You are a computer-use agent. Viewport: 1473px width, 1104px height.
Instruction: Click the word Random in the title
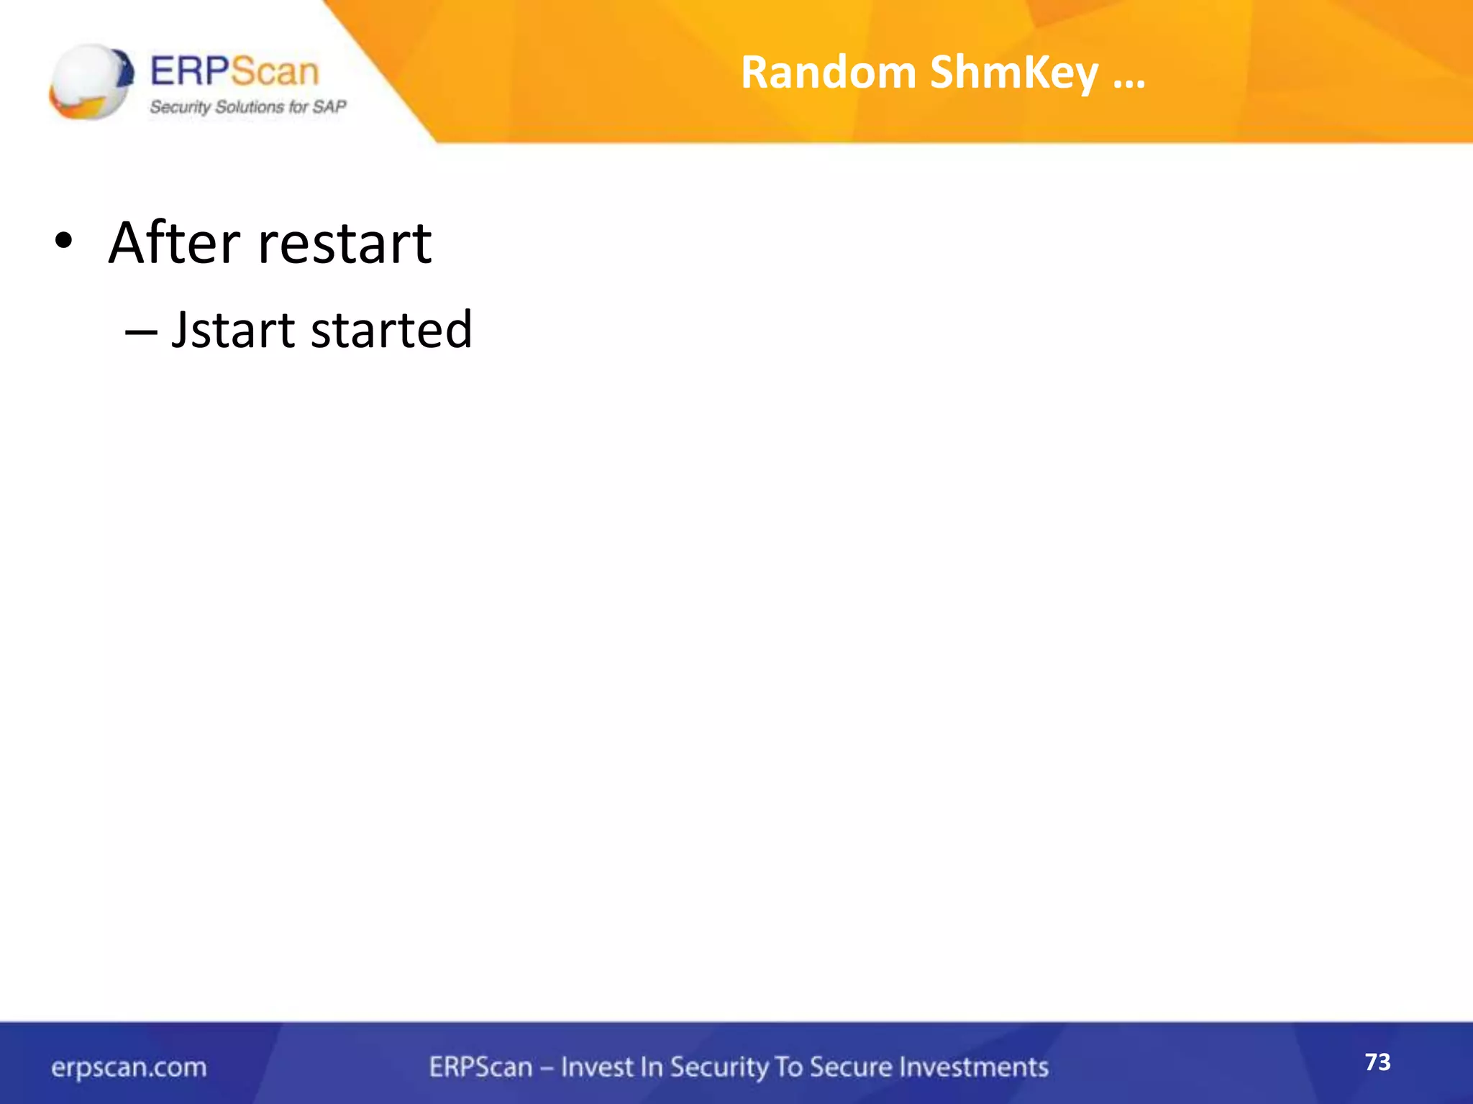(x=828, y=73)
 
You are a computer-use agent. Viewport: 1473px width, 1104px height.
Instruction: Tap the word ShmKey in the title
(x=1014, y=74)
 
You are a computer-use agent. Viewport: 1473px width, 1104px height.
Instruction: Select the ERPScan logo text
(x=234, y=72)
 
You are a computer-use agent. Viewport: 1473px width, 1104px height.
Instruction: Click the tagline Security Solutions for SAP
(x=247, y=107)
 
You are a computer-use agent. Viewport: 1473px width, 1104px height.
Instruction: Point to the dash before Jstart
(x=140, y=332)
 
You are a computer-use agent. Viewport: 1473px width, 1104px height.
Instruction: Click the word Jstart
(x=233, y=331)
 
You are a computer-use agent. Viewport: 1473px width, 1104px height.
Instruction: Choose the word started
(x=391, y=331)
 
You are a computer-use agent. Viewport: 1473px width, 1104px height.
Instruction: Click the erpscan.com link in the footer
(x=129, y=1067)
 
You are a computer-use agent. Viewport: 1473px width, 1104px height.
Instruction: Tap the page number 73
(x=1377, y=1062)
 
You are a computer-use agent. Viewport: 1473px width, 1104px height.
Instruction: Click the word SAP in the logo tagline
(x=329, y=107)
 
